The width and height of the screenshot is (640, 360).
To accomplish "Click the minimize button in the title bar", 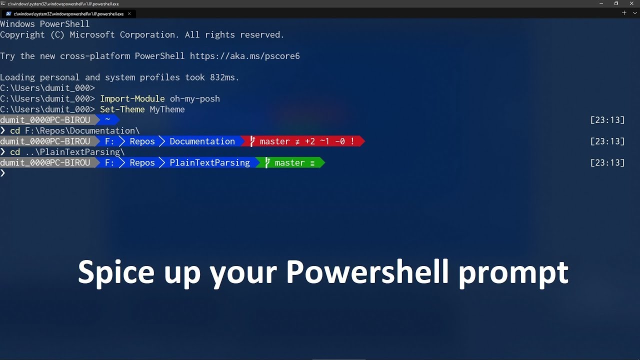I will pos(601,3).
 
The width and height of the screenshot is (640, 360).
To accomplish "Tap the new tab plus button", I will pos(624,13).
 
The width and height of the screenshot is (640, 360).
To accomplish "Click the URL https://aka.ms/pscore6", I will pos(244,56).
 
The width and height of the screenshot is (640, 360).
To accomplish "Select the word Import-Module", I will pos(132,98).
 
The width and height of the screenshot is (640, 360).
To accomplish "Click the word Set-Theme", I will pos(122,109).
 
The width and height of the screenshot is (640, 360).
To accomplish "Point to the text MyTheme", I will pos(167,109).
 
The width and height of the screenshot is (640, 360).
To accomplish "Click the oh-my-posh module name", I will pos(194,98).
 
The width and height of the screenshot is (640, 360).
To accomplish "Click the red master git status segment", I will pos(302,141).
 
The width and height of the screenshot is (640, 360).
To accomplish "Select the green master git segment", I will pos(290,162).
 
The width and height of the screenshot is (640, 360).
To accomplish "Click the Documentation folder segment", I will pos(202,141).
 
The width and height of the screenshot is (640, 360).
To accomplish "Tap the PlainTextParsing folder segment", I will pos(209,162).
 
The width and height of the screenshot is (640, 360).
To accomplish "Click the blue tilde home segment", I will pos(107,120).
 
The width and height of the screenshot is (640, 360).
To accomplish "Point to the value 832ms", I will pos(224,77).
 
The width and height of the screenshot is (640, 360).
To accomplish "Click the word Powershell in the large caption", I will pos(367,272).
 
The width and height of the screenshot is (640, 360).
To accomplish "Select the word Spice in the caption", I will pos(116,272).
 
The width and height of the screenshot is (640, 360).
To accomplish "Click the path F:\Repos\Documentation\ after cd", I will pos(82,130).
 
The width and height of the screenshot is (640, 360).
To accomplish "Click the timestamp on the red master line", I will pos(607,141).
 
